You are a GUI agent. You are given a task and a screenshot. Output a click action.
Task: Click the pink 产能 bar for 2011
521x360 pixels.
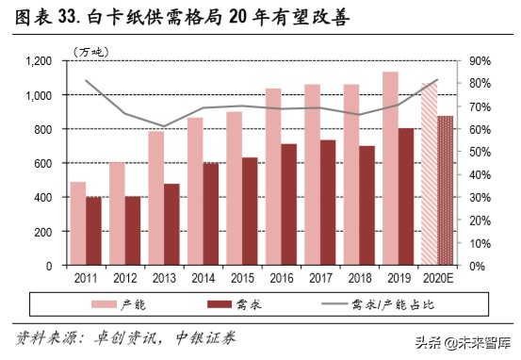pos(78,223)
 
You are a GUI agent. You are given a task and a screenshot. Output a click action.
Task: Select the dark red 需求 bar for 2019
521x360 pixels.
pos(406,197)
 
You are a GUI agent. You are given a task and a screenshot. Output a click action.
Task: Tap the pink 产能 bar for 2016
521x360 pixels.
pos(273,177)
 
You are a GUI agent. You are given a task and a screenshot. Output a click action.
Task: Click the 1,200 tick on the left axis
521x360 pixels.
pos(39,61)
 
